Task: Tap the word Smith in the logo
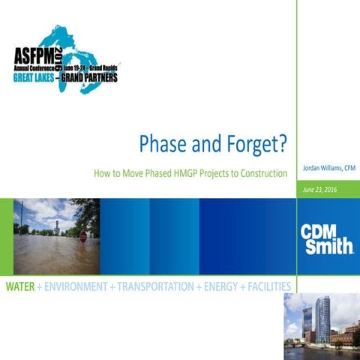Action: pyautogui.click(x=329, y=247)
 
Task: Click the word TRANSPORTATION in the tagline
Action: pyautogui.click(x=154, y=286)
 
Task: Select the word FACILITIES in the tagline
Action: pyautogui.click(x=269, y=286)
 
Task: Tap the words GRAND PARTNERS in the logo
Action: pyautogui.click(x=89, y=77)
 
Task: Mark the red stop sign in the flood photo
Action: pyautogui.click(x=82, y=236)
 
